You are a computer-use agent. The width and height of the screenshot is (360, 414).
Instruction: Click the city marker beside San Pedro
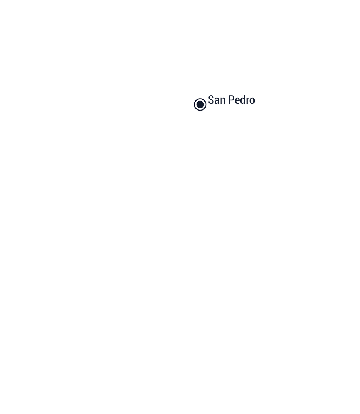pos(200,104)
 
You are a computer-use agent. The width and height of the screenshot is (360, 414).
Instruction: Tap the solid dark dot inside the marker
pos(200,104)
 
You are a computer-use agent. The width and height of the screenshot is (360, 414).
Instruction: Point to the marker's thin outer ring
pos(200,99)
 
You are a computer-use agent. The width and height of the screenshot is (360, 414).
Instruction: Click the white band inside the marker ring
pos(200,100)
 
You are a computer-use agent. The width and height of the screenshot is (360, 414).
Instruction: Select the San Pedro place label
pos(231,100)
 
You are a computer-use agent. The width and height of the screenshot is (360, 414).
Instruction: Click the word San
pos(217,100)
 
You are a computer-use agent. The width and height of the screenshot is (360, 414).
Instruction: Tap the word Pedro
pos(242,100)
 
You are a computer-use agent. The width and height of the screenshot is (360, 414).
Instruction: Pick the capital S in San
pos(211,100)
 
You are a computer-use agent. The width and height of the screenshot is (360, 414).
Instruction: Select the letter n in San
pos(223,101)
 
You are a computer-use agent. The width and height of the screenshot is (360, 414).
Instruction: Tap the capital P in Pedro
pos(231,100)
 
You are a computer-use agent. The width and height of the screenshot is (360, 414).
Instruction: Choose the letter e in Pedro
pos(238,101)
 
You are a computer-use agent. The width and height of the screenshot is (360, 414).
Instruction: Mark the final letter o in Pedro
pos(252,101)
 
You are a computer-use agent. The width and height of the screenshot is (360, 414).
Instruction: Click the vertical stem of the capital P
pos(229,100)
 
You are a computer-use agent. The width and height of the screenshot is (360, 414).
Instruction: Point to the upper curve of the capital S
pos(211,96)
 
